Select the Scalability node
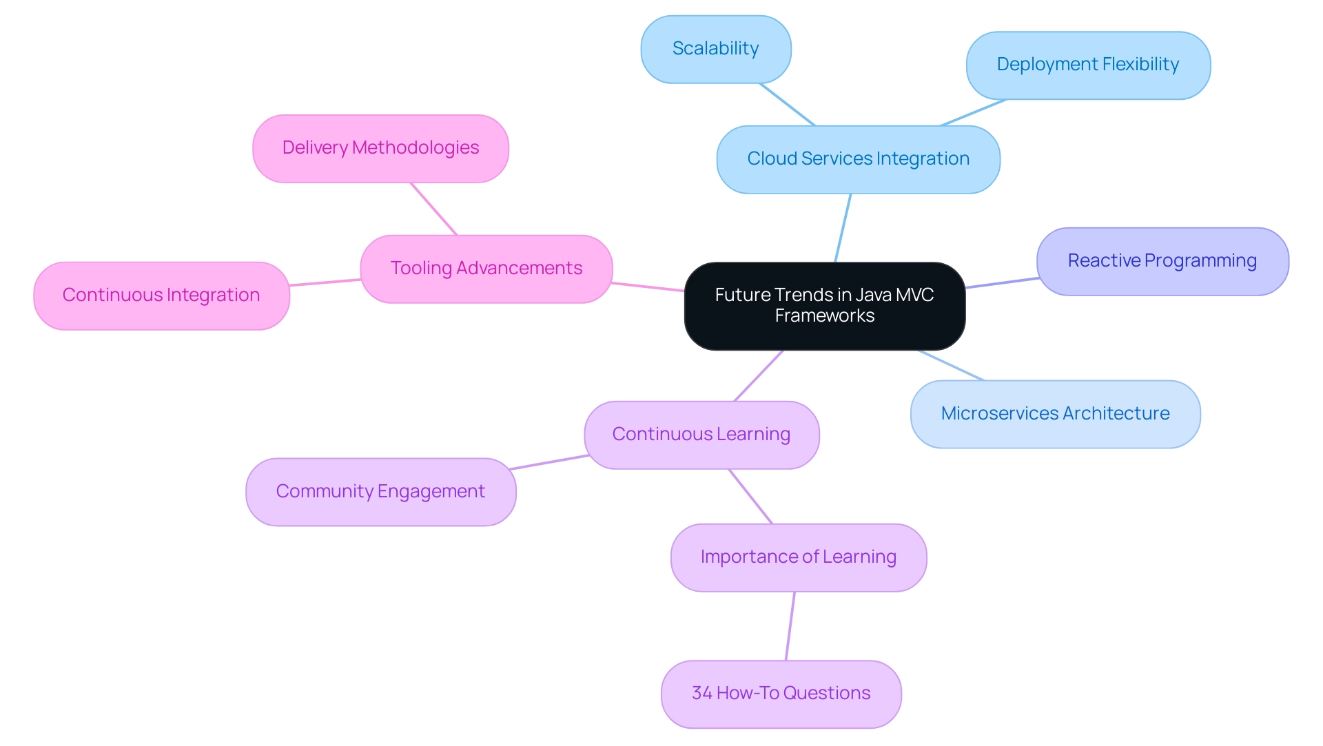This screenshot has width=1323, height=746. (715, 49)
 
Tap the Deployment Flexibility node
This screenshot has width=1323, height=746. (1087, 65)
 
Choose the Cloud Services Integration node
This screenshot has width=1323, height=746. (858, 159)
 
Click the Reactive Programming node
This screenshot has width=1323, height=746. (1162, 261)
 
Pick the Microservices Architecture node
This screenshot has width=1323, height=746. (1055, 414)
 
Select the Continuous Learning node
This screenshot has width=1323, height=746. (701, 435)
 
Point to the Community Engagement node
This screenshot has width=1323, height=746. (380, 492)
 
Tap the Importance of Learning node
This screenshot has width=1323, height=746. (798, 557)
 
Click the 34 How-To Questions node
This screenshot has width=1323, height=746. (781, 694)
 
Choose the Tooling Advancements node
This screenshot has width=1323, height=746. (486, 269)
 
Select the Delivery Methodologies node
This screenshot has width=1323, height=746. (380, 148)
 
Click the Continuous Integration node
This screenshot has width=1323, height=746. (161, 296)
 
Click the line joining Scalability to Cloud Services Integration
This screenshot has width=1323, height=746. (787, 104)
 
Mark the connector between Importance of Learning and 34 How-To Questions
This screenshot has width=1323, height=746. (790, 626)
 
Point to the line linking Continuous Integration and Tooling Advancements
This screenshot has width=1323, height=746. (325, 282)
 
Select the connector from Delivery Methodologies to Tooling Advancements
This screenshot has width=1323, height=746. (433, 209)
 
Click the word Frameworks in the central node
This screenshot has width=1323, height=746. (824, 316)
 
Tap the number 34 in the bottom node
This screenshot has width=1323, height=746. (701, 694)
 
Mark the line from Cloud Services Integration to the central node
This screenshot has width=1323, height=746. (843, 228)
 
